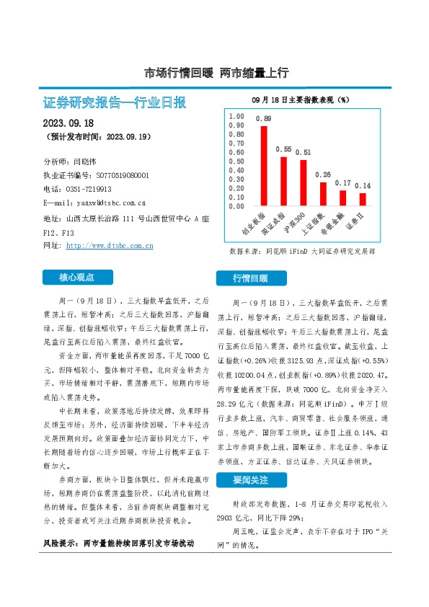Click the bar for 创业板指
tap(264, 166)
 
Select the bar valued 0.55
tap(283, 181)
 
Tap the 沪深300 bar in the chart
tap(304, 182)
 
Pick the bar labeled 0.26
tap(323, 194)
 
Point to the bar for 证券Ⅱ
tap(362, 199)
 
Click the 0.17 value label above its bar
tap(343, 183)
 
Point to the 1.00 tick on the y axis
tap(236, 116)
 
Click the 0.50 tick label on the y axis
tap(236, 161)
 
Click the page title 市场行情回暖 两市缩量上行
tap(216, 72)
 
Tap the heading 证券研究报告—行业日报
tap(115, 102)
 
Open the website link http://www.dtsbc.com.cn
tap(110, 246)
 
